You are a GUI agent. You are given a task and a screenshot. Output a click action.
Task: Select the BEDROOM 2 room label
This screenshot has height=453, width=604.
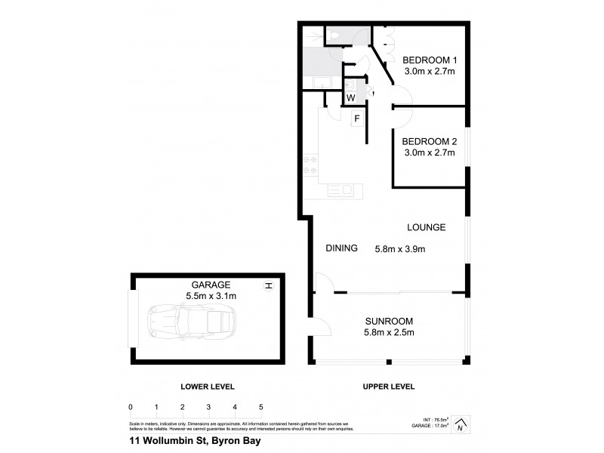pos(429,141)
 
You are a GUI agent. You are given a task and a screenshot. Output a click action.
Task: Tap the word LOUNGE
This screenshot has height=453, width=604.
pos(426,227)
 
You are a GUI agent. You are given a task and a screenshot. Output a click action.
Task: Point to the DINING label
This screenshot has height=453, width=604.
pos(341,248)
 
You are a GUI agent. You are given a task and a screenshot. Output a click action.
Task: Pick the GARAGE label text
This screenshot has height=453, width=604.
pos(211,285)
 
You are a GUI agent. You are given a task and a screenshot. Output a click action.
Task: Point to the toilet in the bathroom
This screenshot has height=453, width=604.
pos(334,36)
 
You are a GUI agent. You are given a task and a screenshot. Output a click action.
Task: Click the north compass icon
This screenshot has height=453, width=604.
pos(461,424)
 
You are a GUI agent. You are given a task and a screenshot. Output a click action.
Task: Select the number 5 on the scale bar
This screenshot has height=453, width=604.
pos(260,407)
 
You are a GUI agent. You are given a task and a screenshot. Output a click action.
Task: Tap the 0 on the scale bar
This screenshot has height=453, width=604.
pos(131,407)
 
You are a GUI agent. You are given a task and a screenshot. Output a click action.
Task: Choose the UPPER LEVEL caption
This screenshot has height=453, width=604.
pos(388,386)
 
